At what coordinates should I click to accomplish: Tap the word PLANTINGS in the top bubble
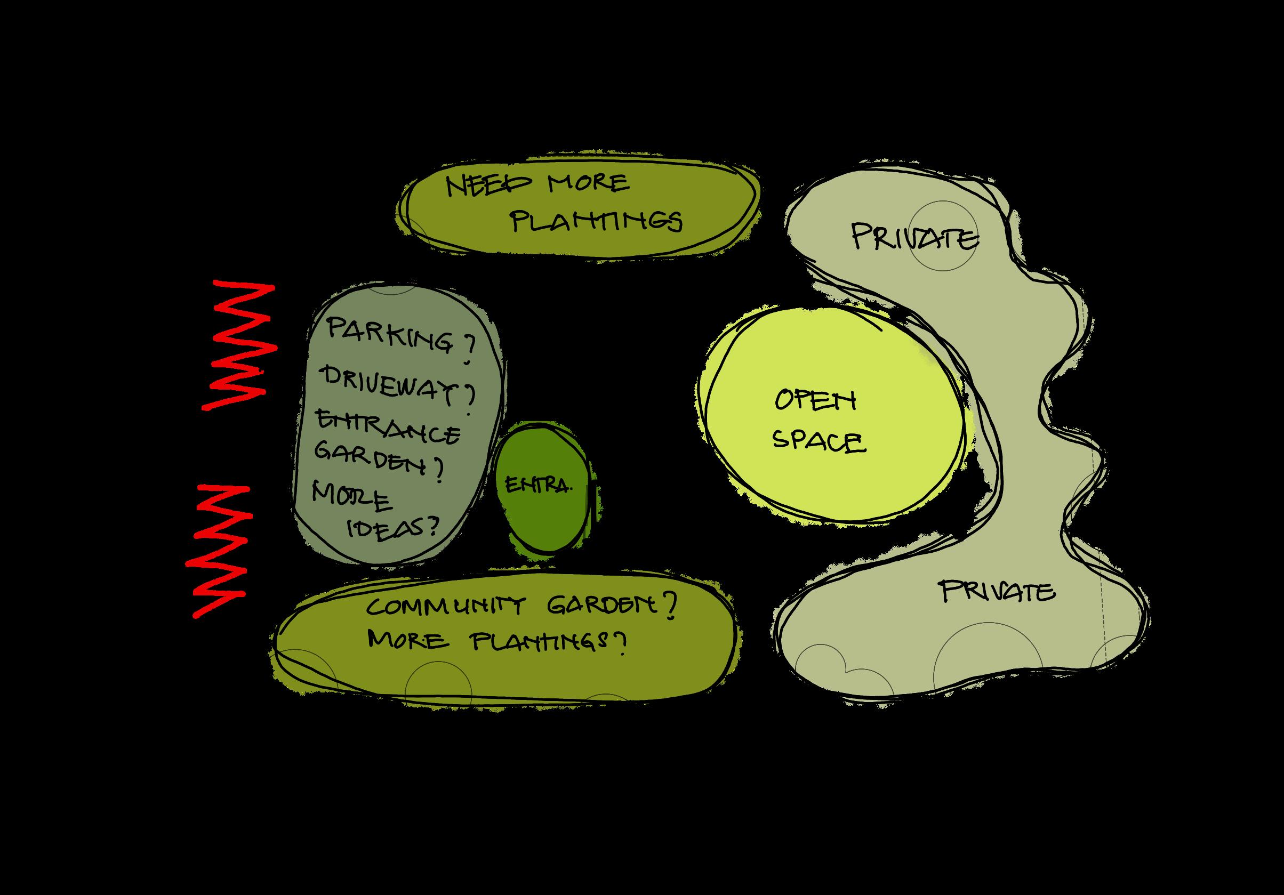point(597,221)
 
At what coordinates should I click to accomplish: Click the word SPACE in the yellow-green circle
point(819,441)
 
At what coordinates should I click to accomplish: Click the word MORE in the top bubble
point(589,183)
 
